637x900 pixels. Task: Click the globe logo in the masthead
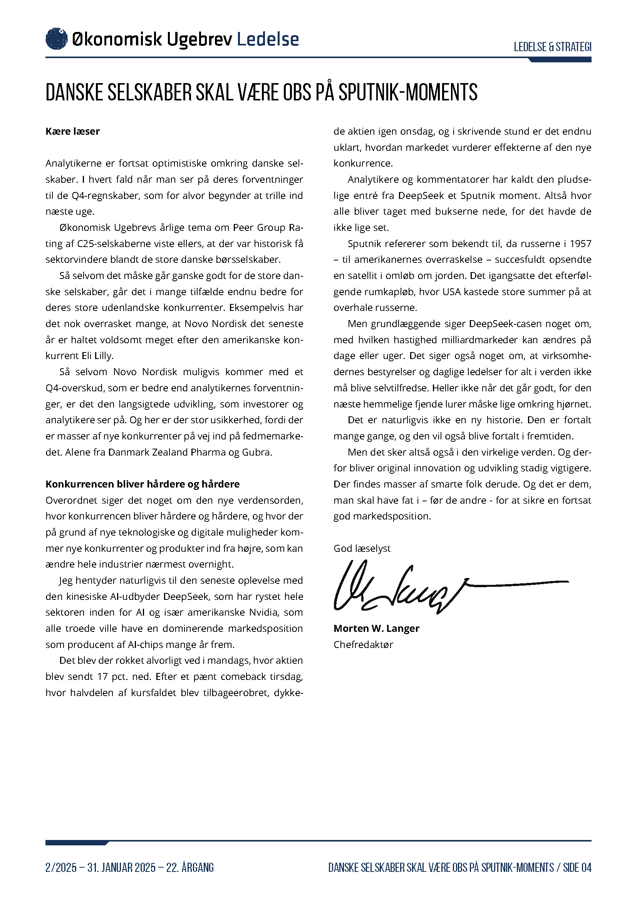[x=57, y=39]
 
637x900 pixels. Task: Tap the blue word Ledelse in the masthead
[x=268, y=39]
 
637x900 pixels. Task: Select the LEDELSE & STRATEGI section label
[x=552, y=47]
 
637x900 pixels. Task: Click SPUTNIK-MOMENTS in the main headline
[x=408, y=92]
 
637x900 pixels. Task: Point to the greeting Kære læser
[x=72, y=131]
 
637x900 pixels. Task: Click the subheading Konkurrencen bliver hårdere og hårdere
[x=142, y=484]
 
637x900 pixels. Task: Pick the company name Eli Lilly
[x=97, y=356]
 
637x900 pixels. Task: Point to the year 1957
[x=580, y=244]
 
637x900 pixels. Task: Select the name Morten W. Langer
[x=376, y=628]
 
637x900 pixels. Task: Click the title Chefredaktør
[x=363, y=645]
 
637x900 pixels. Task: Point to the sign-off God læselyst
[x=362, y=548]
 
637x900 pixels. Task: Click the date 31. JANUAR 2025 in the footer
[x=122, y=867]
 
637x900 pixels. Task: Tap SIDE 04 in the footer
[x=577, y=867]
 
